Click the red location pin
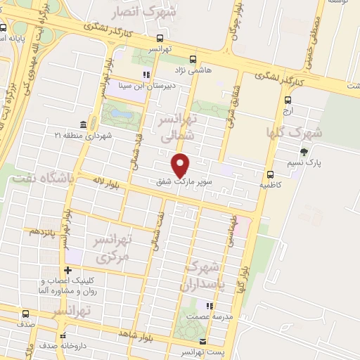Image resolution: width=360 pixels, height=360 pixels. pos(181,164)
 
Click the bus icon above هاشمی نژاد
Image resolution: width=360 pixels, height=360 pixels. pos(193,60)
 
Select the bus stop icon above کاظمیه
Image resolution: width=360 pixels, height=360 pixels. pos(270,174)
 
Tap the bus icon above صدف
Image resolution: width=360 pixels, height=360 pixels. pos(26,314)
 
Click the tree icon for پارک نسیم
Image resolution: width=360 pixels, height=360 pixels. pos(304,152)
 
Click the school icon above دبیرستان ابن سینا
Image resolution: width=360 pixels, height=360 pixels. pos(146,75)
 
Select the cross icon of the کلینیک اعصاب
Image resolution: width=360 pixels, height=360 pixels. pos(67,270)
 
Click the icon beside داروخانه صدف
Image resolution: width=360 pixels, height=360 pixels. pos(63,336)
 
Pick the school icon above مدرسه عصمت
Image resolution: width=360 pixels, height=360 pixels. pos(208,305)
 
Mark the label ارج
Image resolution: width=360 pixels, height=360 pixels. pos(287,112)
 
